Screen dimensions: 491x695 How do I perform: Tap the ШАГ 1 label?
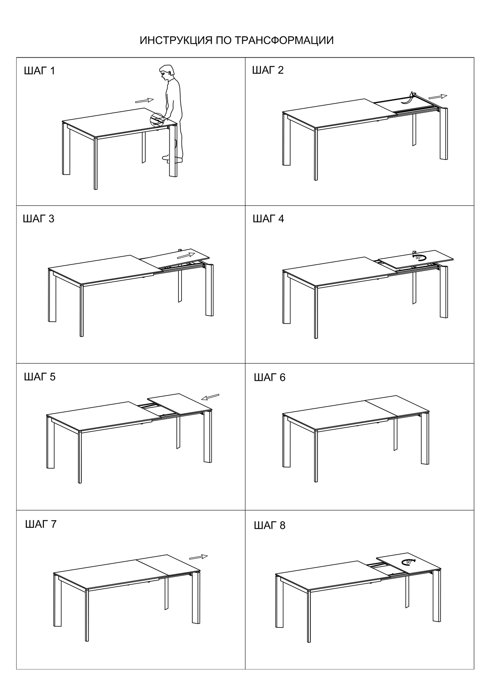pos(39,71)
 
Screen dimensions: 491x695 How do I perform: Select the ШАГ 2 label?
pos(268,70)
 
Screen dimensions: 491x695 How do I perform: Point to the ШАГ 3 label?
pos(38,219)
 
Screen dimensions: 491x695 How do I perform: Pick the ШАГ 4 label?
pos(268,219)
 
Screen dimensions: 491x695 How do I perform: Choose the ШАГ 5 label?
pos(40,377)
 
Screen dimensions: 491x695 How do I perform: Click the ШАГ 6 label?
pos(270,377)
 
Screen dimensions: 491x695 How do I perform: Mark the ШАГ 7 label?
pos(41,524)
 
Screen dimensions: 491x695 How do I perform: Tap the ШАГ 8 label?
pos(270,525)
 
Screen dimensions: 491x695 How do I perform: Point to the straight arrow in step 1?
pos(145,100)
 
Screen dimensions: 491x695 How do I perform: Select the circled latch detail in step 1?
pos(157,120)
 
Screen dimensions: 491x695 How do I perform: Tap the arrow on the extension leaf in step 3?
pos(186,255)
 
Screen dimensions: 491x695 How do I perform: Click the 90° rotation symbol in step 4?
pos(419,257)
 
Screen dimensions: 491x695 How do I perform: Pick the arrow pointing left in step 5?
pos(210,397)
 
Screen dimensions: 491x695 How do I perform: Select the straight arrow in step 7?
pos(199,557)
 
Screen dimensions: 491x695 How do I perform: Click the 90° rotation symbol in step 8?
pos(409,562)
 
